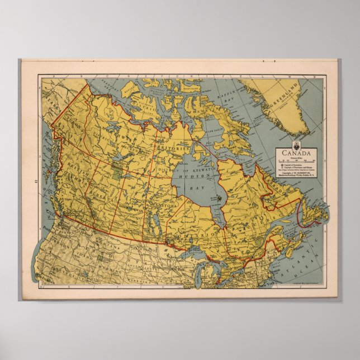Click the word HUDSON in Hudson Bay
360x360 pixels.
(x=193, y=176)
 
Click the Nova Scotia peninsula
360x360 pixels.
(x=291, y=244)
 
